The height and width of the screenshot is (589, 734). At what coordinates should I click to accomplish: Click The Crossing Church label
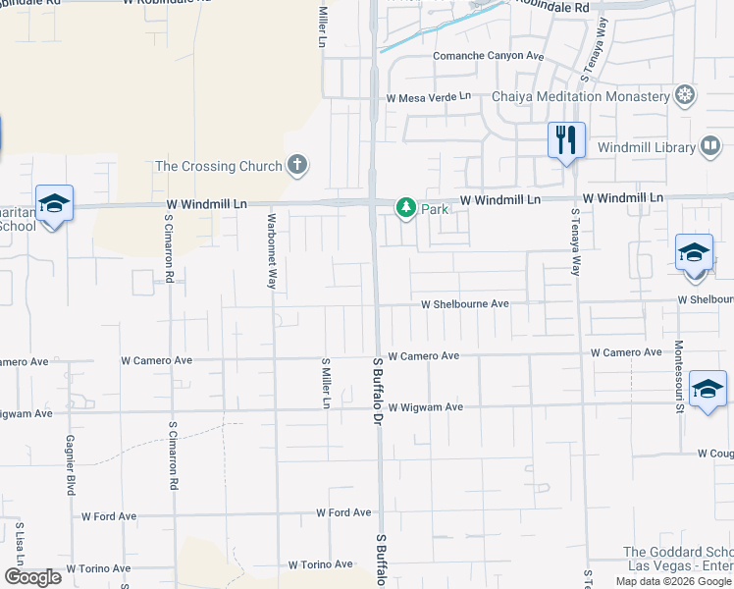pyautogui.click(x=219, y=166)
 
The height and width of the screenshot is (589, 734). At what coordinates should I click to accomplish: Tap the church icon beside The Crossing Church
pyautogui.click(x=298, y=166)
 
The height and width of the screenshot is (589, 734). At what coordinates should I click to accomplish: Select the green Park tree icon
pyautogui.click(x=405, y=208)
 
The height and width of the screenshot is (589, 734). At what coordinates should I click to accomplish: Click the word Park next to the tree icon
pyautogui.click(x=434, y=209)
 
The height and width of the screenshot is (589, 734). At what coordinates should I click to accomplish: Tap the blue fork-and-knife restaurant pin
pyautogui.click(x=566, y=140)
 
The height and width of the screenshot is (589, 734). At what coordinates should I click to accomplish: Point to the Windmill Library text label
pyautogui.click(x=646, y=147)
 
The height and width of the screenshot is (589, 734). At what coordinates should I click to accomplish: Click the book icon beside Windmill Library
pyautogui.click(x=709, y=147)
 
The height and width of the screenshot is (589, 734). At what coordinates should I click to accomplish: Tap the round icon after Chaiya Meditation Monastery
pyautogui.click(x=685, y=95)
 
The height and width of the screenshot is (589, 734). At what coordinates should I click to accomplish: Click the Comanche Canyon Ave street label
pyautogui.click(x=488, y=56)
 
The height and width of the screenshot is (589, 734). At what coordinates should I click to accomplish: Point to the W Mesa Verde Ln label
pyautogui.click(x=429, y=98)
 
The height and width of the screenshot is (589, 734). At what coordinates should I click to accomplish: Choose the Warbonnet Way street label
pyautogui.click(x=271, y=251)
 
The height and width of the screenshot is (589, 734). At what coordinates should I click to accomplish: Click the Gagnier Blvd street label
pyautogui.click(x=71, y=465)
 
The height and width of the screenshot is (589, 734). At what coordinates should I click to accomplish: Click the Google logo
pyautogui.click(x=32, y=577)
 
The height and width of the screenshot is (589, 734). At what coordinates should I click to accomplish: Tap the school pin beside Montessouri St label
pyautogui.click(x=708, y=390)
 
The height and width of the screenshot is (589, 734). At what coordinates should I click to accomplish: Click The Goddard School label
pyautogui.click(x=678, y=553)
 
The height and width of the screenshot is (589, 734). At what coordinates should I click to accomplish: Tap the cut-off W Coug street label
pyautogui.click(x=715, y=454)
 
